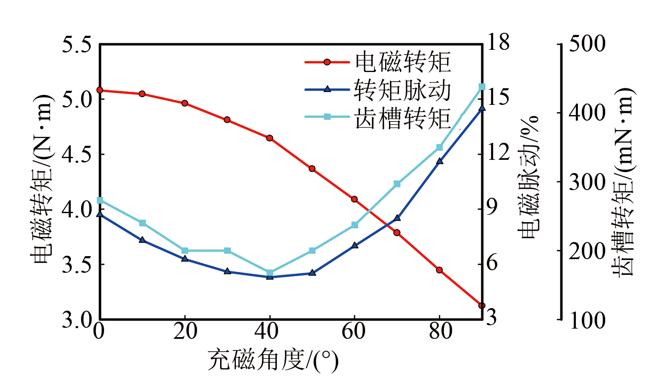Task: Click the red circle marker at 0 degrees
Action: pyautogui.click(x=100, y=90)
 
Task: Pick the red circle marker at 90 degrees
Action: pyautogui.click(x=482, y=306)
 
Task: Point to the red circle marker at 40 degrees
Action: pyautogui.click(x=270, y=138)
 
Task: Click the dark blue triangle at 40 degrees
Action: pyautogui.click(x=270, y=277)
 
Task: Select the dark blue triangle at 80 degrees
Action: pyautogui.click(x=440, y=161)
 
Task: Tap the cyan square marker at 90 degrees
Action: pyautogui.click(x=482, y=87)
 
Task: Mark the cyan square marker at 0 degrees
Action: pyautogui.click(x=100, y=200)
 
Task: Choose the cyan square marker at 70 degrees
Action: pyautogui.click(x=397, y=184)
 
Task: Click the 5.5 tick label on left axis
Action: pyautogui.click(x=77, y=44)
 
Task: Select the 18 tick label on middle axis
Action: pyautogui.click(x=498, y=43)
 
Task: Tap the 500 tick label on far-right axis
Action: pyautogui.click(x=587, y=44)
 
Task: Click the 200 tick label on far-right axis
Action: pyautogui.click(x=587, y=251)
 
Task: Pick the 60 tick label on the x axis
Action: pyautogui.click(x=354, y=331)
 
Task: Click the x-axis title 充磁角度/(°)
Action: pyautogui.click(x=273, y=361)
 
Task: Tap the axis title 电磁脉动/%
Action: pyautogui.click(x=529, y=177)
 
